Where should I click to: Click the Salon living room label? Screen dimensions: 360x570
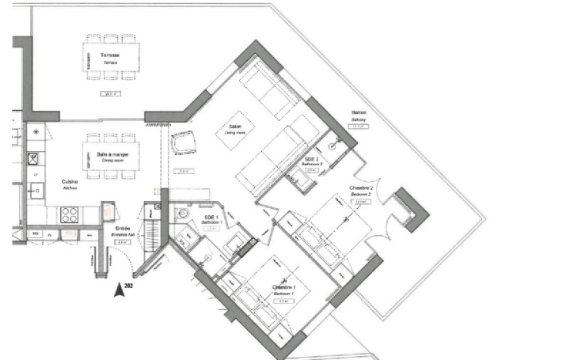coord(235,130)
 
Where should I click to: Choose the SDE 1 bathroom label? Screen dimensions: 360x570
coord(211,219)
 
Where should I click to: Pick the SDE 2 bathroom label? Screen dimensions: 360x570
coord(311,161)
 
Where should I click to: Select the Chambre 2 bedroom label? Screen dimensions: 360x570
coord(360,191)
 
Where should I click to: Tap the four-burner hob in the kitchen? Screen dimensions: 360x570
coord(69,214)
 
